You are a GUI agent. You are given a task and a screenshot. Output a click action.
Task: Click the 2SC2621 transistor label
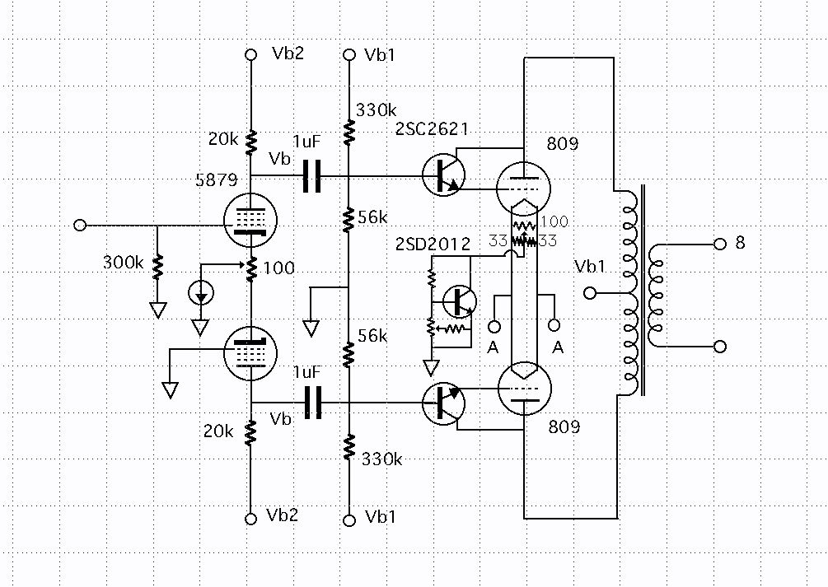(432, 128)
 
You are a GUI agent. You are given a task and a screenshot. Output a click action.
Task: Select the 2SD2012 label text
(433, 244)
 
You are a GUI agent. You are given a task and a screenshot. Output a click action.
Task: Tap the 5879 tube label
(217, 180)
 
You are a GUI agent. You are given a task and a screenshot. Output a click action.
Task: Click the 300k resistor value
(123, 263)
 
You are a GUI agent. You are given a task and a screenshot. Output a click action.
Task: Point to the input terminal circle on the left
(80, 226)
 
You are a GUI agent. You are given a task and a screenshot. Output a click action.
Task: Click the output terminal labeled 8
(720, 244)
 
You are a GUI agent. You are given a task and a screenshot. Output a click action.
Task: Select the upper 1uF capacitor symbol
(312, 176)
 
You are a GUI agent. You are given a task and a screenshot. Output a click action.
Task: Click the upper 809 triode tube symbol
(524, 188)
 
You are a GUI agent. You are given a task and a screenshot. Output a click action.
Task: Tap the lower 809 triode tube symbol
(524, 389)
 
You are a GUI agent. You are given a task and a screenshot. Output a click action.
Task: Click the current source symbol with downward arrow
(201, 293)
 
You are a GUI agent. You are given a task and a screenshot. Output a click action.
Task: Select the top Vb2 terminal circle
(251, 54)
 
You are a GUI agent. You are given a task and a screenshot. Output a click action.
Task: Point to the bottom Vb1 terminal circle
(349, 520)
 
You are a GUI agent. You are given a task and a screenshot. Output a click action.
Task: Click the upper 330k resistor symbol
(349, 133)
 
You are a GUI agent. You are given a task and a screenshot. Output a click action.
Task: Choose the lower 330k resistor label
(381, 459)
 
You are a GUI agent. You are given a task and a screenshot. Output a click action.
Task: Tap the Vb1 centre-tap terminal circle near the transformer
(591, 292)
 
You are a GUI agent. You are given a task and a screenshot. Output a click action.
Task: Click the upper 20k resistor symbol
(251, 143)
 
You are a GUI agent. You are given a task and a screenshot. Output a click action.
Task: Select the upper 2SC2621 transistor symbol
(443, 175)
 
